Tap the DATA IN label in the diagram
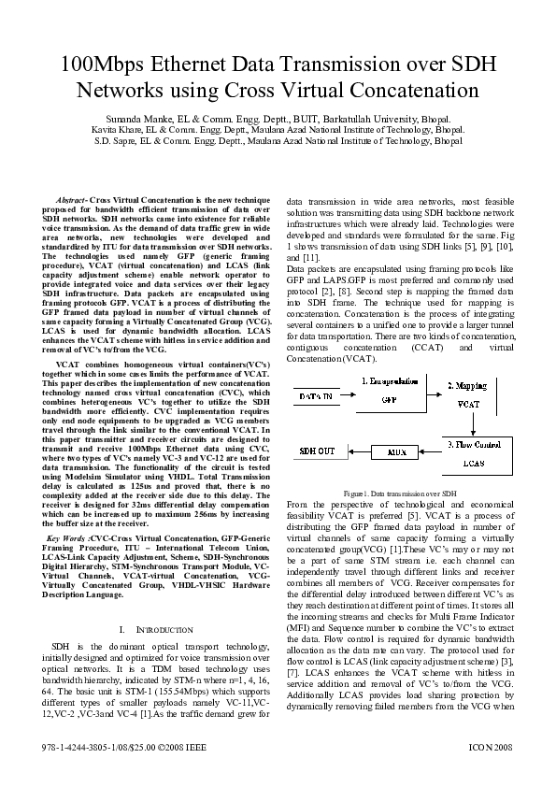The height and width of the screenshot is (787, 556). tap(317, 396)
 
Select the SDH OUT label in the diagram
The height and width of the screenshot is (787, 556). tap(318, 451)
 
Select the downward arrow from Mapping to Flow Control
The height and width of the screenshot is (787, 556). tap(473, 425)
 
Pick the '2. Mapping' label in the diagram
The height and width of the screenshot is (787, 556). tap(466, 384)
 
